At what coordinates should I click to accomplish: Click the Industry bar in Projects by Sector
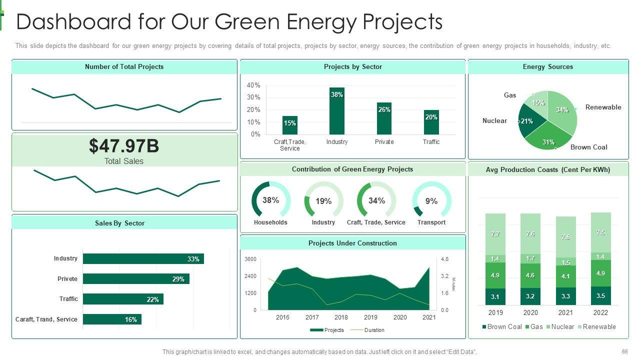(337, 111)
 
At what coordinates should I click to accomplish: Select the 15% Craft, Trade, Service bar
(290, 125)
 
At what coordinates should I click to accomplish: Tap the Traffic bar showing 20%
(431, 122)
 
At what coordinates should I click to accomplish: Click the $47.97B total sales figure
(124, 146)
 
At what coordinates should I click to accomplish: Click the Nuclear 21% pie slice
(527, 121)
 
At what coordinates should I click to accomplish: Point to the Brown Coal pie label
(588, 147)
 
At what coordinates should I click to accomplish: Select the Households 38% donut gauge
(270, 200)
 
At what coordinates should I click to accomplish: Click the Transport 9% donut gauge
(431, 200)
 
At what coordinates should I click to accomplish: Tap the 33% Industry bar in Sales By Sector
(143, 259)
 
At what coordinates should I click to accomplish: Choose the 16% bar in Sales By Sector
(112, 319)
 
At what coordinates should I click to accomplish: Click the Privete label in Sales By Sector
(67, 279)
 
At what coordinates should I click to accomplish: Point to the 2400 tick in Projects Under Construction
(250, 276)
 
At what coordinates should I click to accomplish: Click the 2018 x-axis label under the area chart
(341, 317)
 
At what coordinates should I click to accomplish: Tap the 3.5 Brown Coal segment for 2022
(600, 295)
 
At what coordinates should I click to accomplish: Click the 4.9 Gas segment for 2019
(495, 275)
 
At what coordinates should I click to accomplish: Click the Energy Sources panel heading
(547, 67)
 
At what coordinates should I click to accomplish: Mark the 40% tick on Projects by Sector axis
(253, 85)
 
